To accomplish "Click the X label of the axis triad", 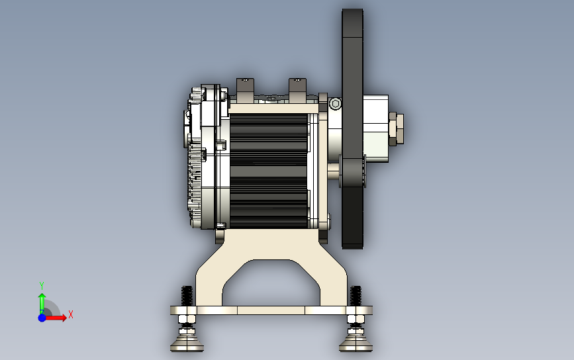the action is coord(71,314).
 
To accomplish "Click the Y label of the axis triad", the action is coord(42,285).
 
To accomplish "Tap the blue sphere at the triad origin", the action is coord(42,318).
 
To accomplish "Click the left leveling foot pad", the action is coord(187,344).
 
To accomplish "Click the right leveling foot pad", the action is coord(356,344).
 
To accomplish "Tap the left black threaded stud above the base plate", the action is coord(187,296).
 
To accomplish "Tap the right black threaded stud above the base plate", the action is coord(356,296).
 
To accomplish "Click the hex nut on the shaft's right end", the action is coord(397,128).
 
